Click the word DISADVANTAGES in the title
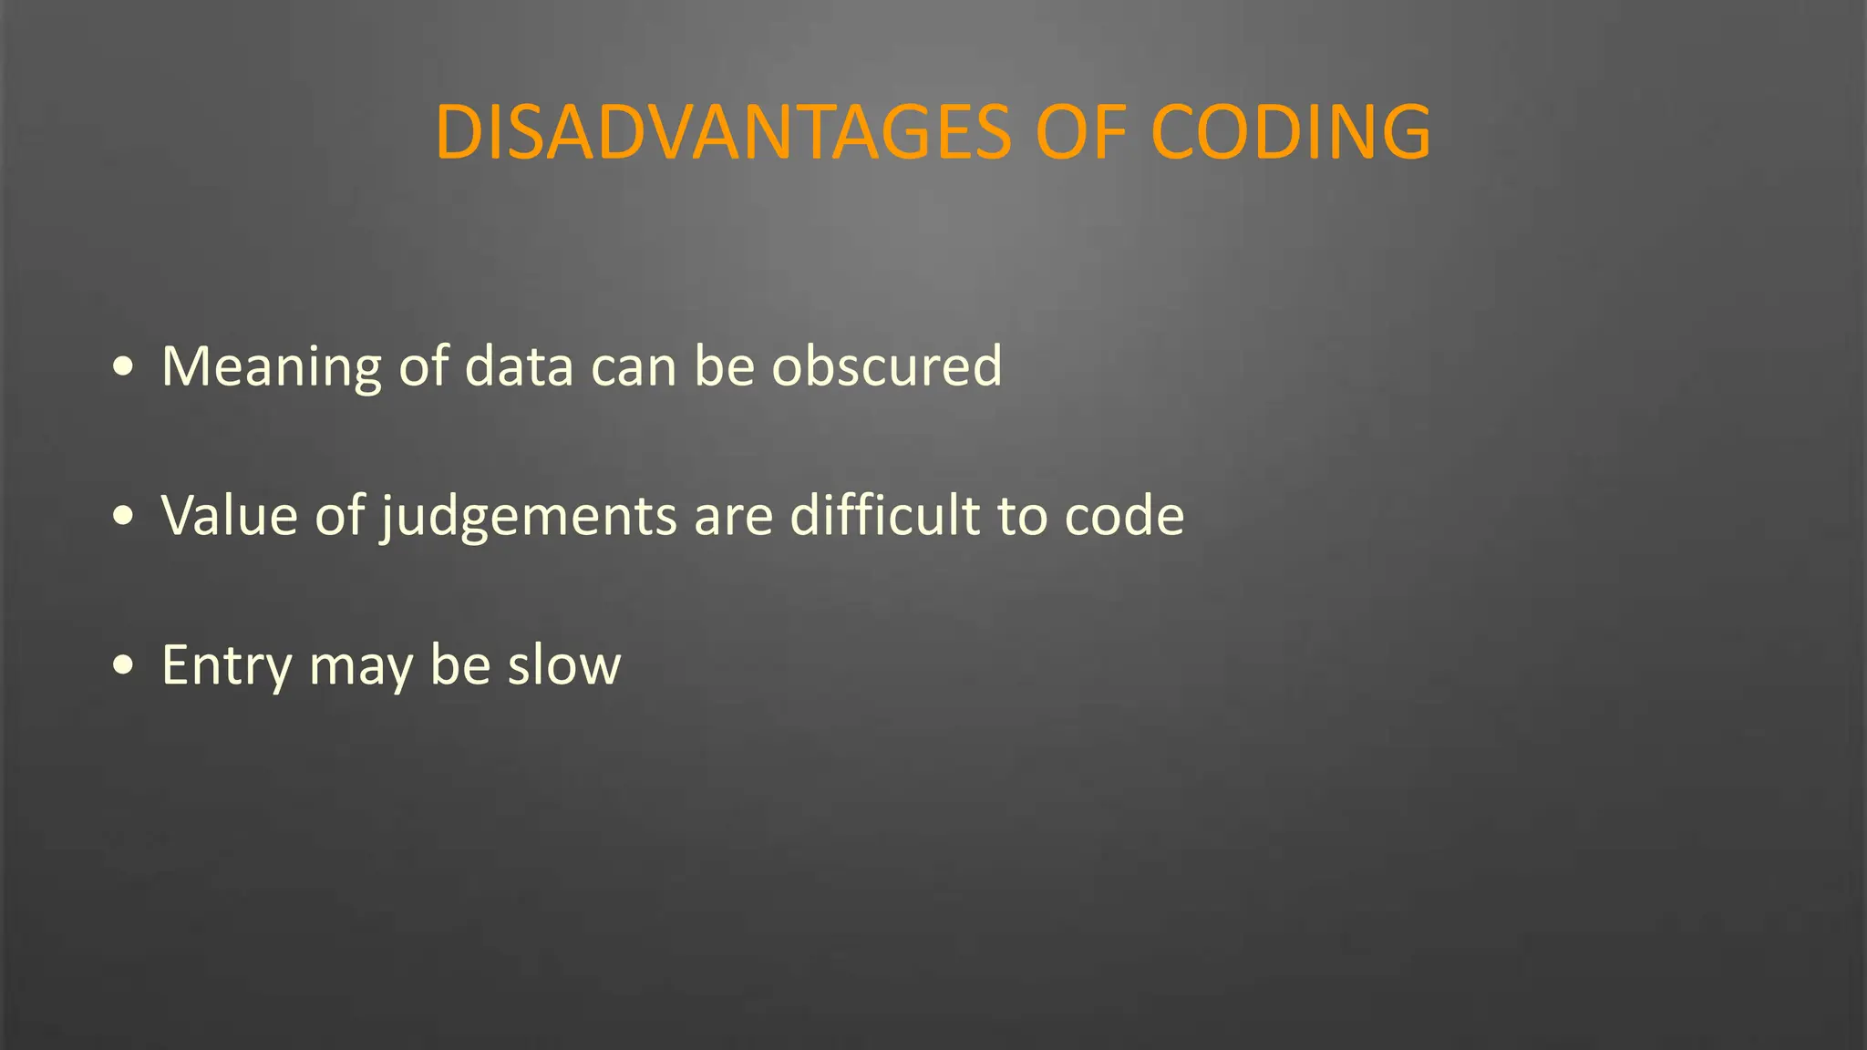pos(723,133)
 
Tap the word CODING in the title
pos(1290,133)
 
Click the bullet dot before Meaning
pos(123,367)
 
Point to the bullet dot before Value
pos(123,516)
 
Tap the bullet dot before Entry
pos(123,665)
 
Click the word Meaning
pos(271,367)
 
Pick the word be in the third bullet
pos(460,665)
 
